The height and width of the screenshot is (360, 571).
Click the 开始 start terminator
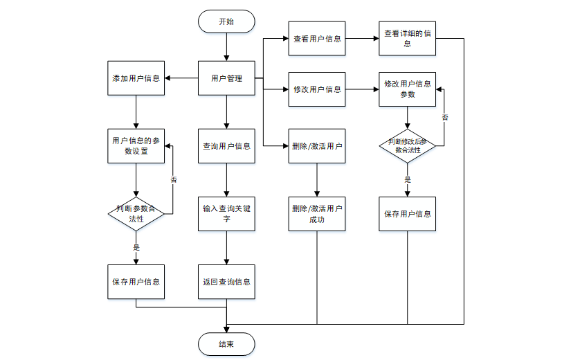(x=226, y=21)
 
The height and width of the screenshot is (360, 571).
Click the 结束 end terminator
(x=226, y=344)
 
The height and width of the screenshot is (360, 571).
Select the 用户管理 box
(x=226, y=78)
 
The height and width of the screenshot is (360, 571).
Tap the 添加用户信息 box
(x=136, y=78)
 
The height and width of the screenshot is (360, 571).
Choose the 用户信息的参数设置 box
(x=136, y=145)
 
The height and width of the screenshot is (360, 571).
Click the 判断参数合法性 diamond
(x=136, y=213)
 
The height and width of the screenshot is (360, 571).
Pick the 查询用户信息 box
(x=226, y=146)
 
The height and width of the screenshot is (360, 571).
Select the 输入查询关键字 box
(x=226, y=213)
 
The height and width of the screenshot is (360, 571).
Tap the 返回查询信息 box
(x=226, y=282)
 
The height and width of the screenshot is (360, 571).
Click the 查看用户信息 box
(x=317, y=39)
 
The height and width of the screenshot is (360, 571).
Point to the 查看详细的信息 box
(x=408, y=39)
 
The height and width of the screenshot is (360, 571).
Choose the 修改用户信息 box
(x=317, y=89)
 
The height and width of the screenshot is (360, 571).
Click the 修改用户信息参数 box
(x=408, y=89)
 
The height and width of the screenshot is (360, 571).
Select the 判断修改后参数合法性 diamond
(x=408, y=145)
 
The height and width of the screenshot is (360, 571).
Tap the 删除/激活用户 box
(x=317, y=146)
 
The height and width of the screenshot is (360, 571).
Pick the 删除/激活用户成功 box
(x=317, y=213)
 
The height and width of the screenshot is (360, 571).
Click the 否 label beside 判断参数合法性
(x=173, y=180)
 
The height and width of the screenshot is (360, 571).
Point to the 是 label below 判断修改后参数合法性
(x=408, y=179)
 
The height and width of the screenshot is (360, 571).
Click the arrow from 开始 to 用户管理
(x=226, y=47)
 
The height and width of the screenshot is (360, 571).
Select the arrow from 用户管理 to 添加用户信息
(x=181, y=78)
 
